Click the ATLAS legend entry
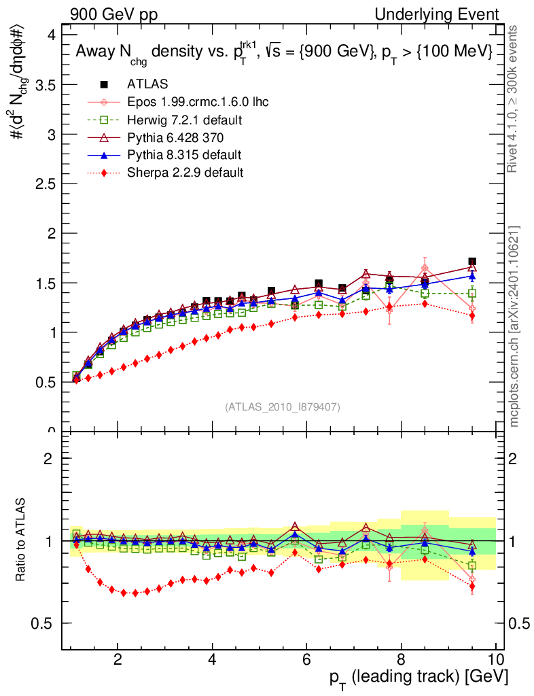(x=147, y=84)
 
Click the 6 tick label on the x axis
(x=307, y=659)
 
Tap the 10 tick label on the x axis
(x=495, y=659)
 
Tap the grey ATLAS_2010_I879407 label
(x=283, y=407)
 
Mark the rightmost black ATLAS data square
(x=472, y=262)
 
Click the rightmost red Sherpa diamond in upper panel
(x=472, y=316)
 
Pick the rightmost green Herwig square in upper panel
(x=472, y=294)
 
